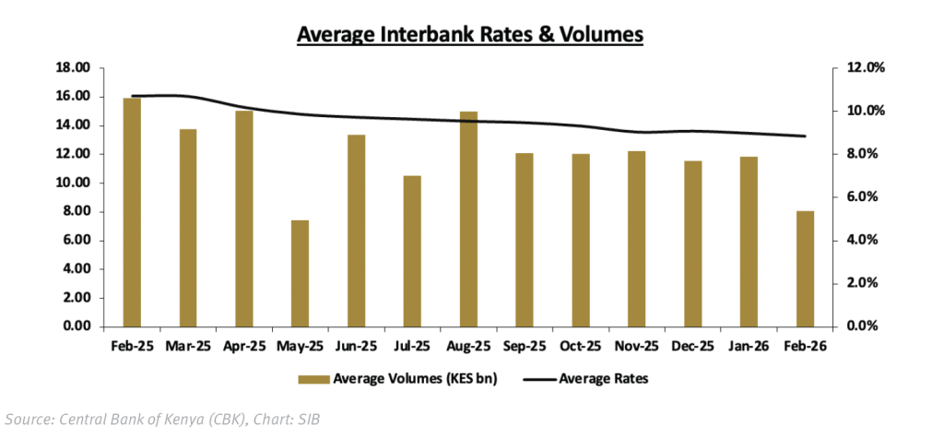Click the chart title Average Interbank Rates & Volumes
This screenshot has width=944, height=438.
coord(468,36)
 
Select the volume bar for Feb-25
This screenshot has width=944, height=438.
coord(132,212)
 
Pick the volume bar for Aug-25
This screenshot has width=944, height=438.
coord(468,219)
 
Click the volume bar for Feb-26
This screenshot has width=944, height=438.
coord(805,268)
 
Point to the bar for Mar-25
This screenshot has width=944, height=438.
coord(188,228)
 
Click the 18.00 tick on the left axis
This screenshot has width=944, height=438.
coord(74,67)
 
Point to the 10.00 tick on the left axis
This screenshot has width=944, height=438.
coord(74,183)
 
